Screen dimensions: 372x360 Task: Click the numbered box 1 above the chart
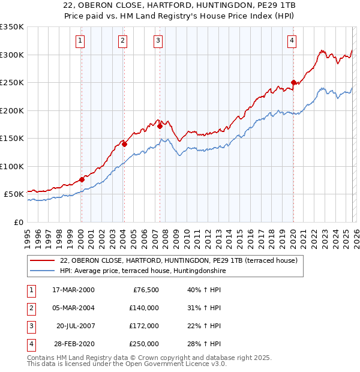coord(80,41)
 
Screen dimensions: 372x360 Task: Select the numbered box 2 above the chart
coord(122,41)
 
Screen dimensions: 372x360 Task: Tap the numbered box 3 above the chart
coord(158,41)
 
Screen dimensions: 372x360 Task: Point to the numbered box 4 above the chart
coord(292,41)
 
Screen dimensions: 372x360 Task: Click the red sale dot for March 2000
coord(82,179)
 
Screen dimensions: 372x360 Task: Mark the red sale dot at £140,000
coord(124,144)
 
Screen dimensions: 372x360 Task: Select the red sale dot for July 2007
coord(160,126)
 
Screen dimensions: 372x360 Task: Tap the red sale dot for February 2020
coord(293,83)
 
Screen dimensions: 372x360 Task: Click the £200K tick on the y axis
coord(12,110)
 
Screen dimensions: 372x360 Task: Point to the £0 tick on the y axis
coord(18,222)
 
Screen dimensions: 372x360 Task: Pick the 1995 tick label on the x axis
coord(28,234)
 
